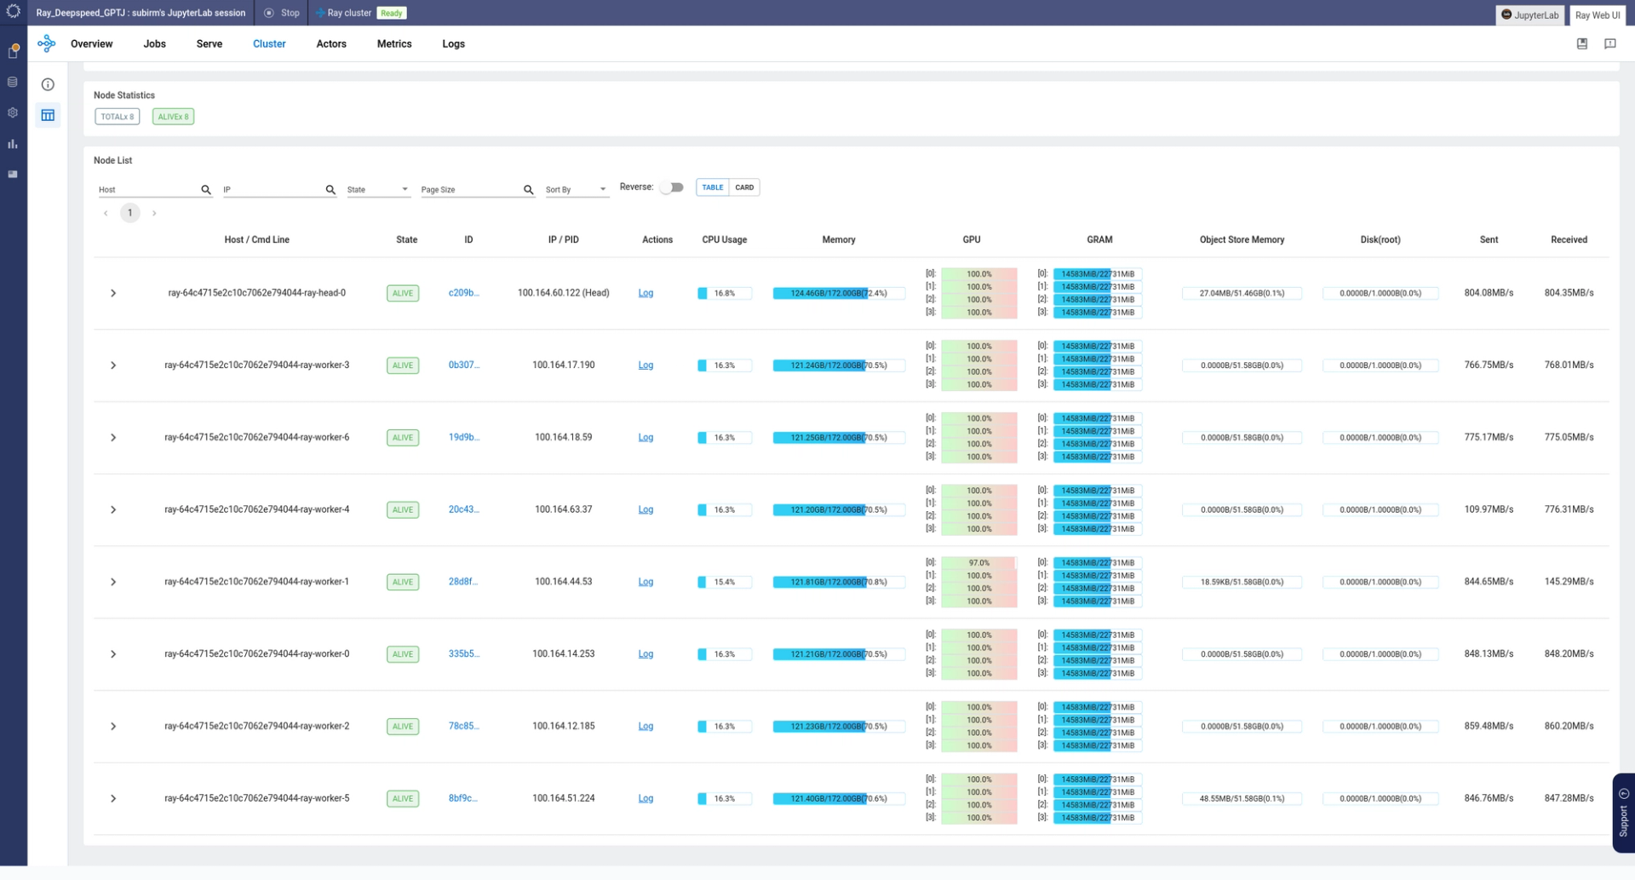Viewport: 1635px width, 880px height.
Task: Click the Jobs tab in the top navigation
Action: (x=154, y=44)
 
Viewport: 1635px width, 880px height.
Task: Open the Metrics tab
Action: (x=394, y=44)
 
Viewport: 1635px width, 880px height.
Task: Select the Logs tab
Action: (x=453, y=44)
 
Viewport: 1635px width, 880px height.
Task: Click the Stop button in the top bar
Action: (x=283, y=14)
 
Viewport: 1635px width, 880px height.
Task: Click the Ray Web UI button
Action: (x=1597, y=15)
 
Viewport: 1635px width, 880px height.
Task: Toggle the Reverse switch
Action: (x=672, y=187)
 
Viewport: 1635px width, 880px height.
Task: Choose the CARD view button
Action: (x=744, y=187)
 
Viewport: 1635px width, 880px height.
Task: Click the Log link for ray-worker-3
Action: (x=645, y=365)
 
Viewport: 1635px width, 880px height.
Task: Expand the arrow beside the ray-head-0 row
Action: (x=113, y=293)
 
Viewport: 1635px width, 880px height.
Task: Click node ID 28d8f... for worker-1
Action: (x=463, y=582)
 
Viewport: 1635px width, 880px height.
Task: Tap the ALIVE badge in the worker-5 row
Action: (x=403, y=799)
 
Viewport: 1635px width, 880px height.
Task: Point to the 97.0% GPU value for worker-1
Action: (x=978, y=563)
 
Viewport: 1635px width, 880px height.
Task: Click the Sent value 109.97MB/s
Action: (x=1489, y=509)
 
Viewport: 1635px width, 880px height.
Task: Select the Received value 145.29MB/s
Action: (x=1569, y=582)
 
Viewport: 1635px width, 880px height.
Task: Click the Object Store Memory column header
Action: (x=1242, y=240)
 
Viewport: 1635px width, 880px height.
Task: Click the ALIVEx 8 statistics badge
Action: (x=173, y=117)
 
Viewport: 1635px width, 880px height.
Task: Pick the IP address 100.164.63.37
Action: (x=563, y=509)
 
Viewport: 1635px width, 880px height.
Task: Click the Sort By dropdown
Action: (x=577, y=190)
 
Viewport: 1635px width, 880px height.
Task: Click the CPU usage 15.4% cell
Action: (x=724, y=582)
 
